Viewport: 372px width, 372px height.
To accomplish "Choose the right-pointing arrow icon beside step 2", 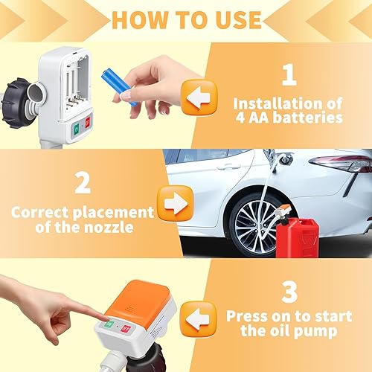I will click(x=175, y=202).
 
